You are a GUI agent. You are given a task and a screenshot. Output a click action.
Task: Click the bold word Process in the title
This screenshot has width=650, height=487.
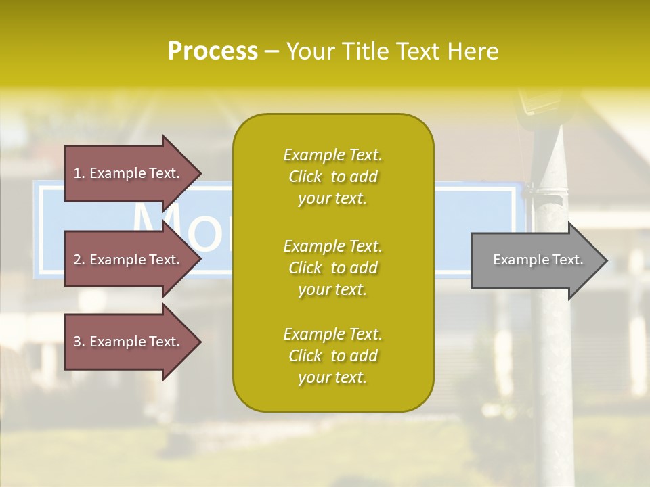(213, 51)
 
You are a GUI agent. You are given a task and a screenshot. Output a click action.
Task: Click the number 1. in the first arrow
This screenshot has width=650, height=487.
(79, 173)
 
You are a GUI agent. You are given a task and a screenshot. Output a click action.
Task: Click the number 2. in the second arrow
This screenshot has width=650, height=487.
(79, 260)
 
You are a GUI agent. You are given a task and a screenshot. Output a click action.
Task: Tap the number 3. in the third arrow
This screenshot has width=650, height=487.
(79, 342)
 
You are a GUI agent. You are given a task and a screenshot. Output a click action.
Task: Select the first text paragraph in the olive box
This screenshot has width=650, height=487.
(332, 177)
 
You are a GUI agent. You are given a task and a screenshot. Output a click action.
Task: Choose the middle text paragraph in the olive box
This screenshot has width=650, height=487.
(332, 268)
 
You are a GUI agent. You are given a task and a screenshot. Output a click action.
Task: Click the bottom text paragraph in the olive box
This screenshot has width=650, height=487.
(332, 356)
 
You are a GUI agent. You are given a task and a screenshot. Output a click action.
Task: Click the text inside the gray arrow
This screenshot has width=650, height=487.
(538, 260)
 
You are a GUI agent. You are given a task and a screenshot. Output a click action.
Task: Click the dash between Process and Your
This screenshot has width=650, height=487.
(272, 51)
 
